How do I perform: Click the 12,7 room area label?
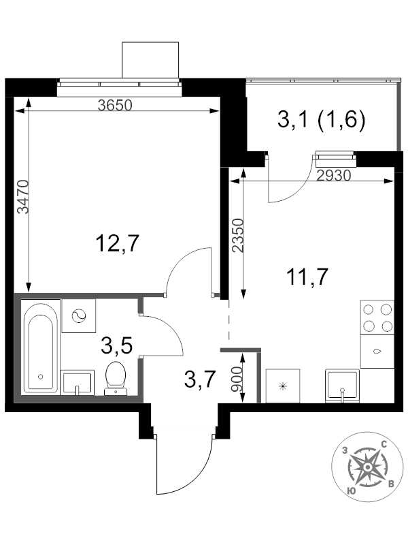[117, 243]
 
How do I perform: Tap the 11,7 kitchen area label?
[307, 277]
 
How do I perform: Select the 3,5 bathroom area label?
[116, 346]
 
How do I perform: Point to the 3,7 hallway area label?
[201, 379]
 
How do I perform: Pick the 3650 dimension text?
[115, 105]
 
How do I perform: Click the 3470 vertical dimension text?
[23, 196]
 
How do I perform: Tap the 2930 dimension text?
[334, 176]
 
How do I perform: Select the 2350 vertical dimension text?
[238, 235]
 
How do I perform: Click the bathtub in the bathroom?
[40, 347]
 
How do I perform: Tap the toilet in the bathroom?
[116, 378]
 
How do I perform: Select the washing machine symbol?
[78, 316]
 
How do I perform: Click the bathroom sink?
[78, 382]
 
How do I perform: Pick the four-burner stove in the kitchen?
[377, 317]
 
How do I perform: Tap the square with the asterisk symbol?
[283, 386]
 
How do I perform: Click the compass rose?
[368, 467]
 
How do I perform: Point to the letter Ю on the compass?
[351, 490]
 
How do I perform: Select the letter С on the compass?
[384, 444]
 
